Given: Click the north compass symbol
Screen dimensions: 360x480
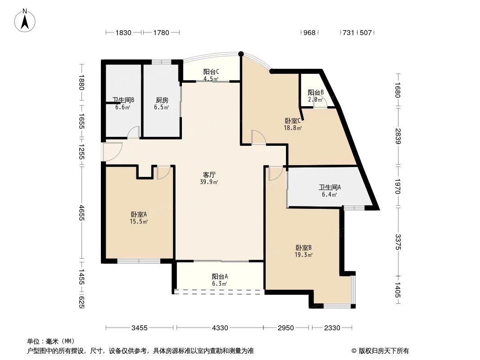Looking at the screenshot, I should [26, 20].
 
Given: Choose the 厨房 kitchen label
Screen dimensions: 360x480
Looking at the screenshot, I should [162, 100].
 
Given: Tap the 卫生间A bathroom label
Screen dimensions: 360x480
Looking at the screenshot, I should [330, 188].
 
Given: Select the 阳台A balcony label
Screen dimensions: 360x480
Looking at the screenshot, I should [220, 277].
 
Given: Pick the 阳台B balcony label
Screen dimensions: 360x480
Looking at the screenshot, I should [316, 93].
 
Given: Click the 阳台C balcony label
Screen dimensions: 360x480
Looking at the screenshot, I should [211, 72].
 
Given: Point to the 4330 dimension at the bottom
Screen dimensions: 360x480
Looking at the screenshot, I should [220, 328].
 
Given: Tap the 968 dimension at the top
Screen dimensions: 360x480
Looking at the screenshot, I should [309, 32].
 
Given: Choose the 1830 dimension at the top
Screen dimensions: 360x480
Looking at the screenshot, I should [123, 32].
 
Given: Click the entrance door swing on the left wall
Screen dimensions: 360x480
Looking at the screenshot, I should [113, 152].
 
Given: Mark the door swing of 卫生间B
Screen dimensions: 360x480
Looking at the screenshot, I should [133, 133].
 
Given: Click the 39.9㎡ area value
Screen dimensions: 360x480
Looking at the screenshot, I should [209, 182].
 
